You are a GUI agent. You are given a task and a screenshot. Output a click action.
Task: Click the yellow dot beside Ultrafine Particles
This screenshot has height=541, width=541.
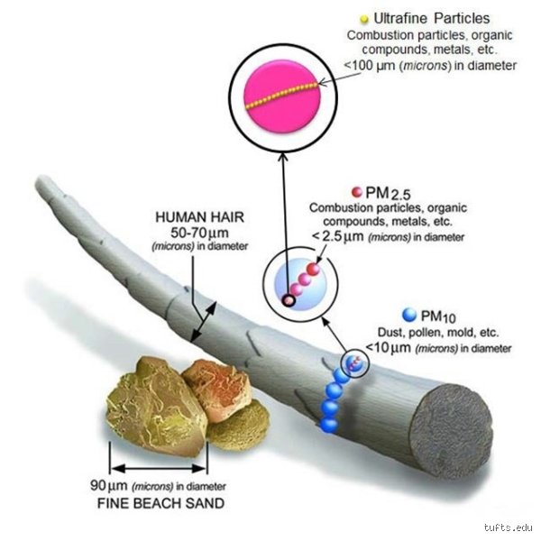click(364, 20)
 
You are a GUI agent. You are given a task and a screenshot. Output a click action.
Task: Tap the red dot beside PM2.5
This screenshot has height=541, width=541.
click(356, 192)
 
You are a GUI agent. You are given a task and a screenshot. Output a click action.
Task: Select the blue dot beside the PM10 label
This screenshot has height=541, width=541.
click(409, 315)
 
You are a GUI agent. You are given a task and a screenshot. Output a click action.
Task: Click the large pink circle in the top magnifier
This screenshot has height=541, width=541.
click(282, 96)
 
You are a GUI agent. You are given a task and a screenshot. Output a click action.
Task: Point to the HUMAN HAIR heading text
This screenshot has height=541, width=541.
click(200, 217)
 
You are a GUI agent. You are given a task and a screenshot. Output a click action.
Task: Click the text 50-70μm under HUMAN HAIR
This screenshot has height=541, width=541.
click(199, 233)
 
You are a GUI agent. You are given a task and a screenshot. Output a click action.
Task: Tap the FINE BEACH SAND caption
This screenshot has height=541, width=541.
click(160, 503)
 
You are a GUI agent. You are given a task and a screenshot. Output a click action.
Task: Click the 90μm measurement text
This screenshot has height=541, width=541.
click(109, 485)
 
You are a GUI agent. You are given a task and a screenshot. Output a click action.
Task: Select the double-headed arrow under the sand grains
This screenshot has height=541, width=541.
click(159, 469)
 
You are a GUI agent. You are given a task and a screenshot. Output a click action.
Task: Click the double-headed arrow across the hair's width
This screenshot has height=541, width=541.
click(204, 321)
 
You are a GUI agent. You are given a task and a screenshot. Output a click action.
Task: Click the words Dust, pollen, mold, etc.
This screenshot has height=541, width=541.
click(438, 332)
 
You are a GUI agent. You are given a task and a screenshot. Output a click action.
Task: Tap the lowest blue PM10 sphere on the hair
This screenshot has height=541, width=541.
click(328, 425)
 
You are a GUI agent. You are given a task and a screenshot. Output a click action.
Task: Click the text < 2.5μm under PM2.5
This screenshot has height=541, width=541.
click(338, 236)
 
